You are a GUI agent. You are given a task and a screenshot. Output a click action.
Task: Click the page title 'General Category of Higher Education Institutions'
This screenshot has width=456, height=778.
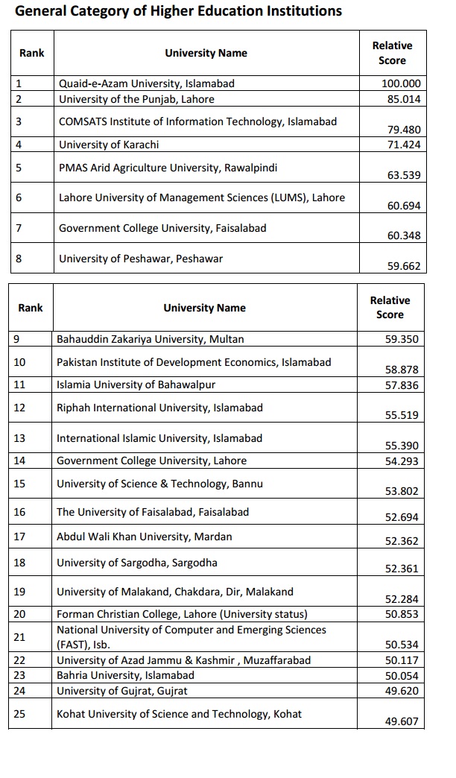pyautogui.click(x=178, y=11)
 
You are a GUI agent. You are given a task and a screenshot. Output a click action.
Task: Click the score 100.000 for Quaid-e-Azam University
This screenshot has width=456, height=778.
pyautogui.click(x=401, y=84)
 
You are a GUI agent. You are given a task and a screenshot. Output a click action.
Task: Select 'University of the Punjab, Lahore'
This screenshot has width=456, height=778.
pyautogui.click(x=136, y=99)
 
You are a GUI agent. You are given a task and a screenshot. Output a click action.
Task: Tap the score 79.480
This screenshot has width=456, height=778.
pyautogui.click(x=404, y=129)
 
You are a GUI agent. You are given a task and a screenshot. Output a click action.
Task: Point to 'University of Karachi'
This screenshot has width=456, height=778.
pyautogui.click(x=109, y=145)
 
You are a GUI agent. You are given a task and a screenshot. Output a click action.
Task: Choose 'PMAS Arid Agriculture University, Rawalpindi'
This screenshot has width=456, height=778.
pyautogui.click(x=168, y=168)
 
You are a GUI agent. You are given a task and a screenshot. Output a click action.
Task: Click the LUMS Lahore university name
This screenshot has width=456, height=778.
pyautogui.click(x=202, y=197)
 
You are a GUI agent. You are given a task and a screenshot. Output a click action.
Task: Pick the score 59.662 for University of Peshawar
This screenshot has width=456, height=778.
pyautogui.click(x=404, y=265)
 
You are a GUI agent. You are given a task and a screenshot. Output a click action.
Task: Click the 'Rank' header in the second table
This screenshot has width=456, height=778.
pyautogui.click(x=31, y=308)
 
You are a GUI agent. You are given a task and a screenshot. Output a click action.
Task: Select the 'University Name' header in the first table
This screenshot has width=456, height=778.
pyautogui.click(x=206, y=53)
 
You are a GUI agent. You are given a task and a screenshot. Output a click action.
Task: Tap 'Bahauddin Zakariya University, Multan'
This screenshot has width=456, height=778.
pyautogui.click(x=151, y=339)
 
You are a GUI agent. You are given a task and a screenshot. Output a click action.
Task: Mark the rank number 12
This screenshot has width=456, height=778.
pyautogui.click(x=20, y=408)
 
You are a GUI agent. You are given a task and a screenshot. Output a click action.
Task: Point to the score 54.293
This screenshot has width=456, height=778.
pyautogui.click(x=402, y=461)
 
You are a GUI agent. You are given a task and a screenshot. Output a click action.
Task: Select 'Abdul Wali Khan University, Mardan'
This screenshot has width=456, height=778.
pyautogui.click(x=145, y=537)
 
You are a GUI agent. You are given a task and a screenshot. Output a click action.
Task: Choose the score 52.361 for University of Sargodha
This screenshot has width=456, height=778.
pyautogui.click(x=402, y=569)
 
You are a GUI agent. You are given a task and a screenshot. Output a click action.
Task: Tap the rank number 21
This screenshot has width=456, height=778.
pyautogui.click(x=20, y=637)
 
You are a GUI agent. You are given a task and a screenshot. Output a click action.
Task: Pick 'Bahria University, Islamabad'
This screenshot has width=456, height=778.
pyautogui.click(x=125, y=675)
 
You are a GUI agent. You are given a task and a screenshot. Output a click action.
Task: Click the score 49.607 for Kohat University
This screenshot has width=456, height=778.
pyautogui.click(x=402, y=721)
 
